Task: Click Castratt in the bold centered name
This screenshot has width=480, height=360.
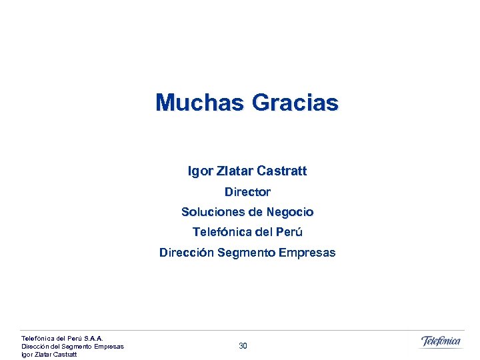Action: [x=281, y=171]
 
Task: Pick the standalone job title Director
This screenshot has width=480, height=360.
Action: [x=247, y=192]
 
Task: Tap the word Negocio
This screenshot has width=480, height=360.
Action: [x=290, y=212]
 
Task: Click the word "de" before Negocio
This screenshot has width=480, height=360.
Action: [x=255, y=212]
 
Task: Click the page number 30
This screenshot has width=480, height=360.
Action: [x=243, y=346]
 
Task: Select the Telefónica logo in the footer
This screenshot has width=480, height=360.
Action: [x=441, y=341]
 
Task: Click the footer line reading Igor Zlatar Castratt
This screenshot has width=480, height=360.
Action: [x=49, y=354]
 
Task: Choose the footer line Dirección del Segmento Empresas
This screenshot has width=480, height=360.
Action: [x=73, y=346]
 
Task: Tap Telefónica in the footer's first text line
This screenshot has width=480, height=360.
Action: [x=36, y=338]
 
